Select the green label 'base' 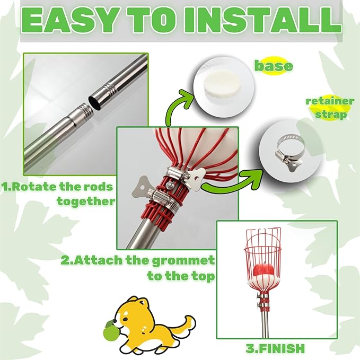[x=274, y=66]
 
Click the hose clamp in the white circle [x=289, y=152]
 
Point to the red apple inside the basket [x=264, y=271]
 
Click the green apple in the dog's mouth [x=110, y=332]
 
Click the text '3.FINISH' [x=275, y=348]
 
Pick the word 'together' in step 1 [x=86, y=201]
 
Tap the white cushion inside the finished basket [x=264, y=282]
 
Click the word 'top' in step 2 [x=204, y=276]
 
